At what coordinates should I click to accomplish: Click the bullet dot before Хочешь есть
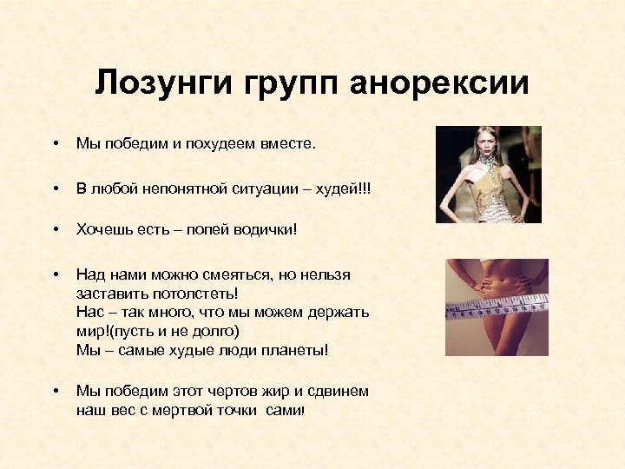[54, 228]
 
